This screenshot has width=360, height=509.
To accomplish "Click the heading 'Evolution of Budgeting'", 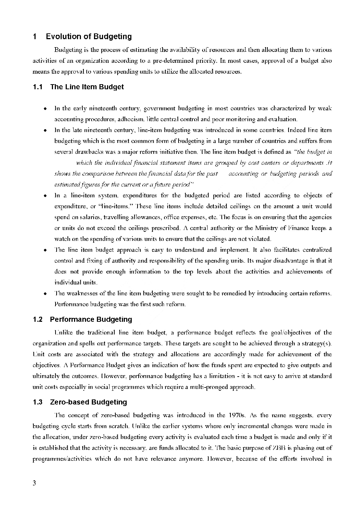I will [x=89, y=37].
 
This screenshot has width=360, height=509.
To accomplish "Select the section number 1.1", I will [x=38, y=87].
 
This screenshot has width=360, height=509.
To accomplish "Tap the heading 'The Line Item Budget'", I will [x=87, y=87].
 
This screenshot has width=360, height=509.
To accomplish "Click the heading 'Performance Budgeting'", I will [x=91, y=320].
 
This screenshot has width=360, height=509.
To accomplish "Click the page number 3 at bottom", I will [x=34, y=483].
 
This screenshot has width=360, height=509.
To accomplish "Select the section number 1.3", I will [x=38, y=402].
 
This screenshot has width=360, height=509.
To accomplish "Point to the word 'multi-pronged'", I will [x=208, y=387].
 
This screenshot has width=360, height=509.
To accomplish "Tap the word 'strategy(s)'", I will [x=316, y=344].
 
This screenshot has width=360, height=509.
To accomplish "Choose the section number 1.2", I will [x=38, y=320].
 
